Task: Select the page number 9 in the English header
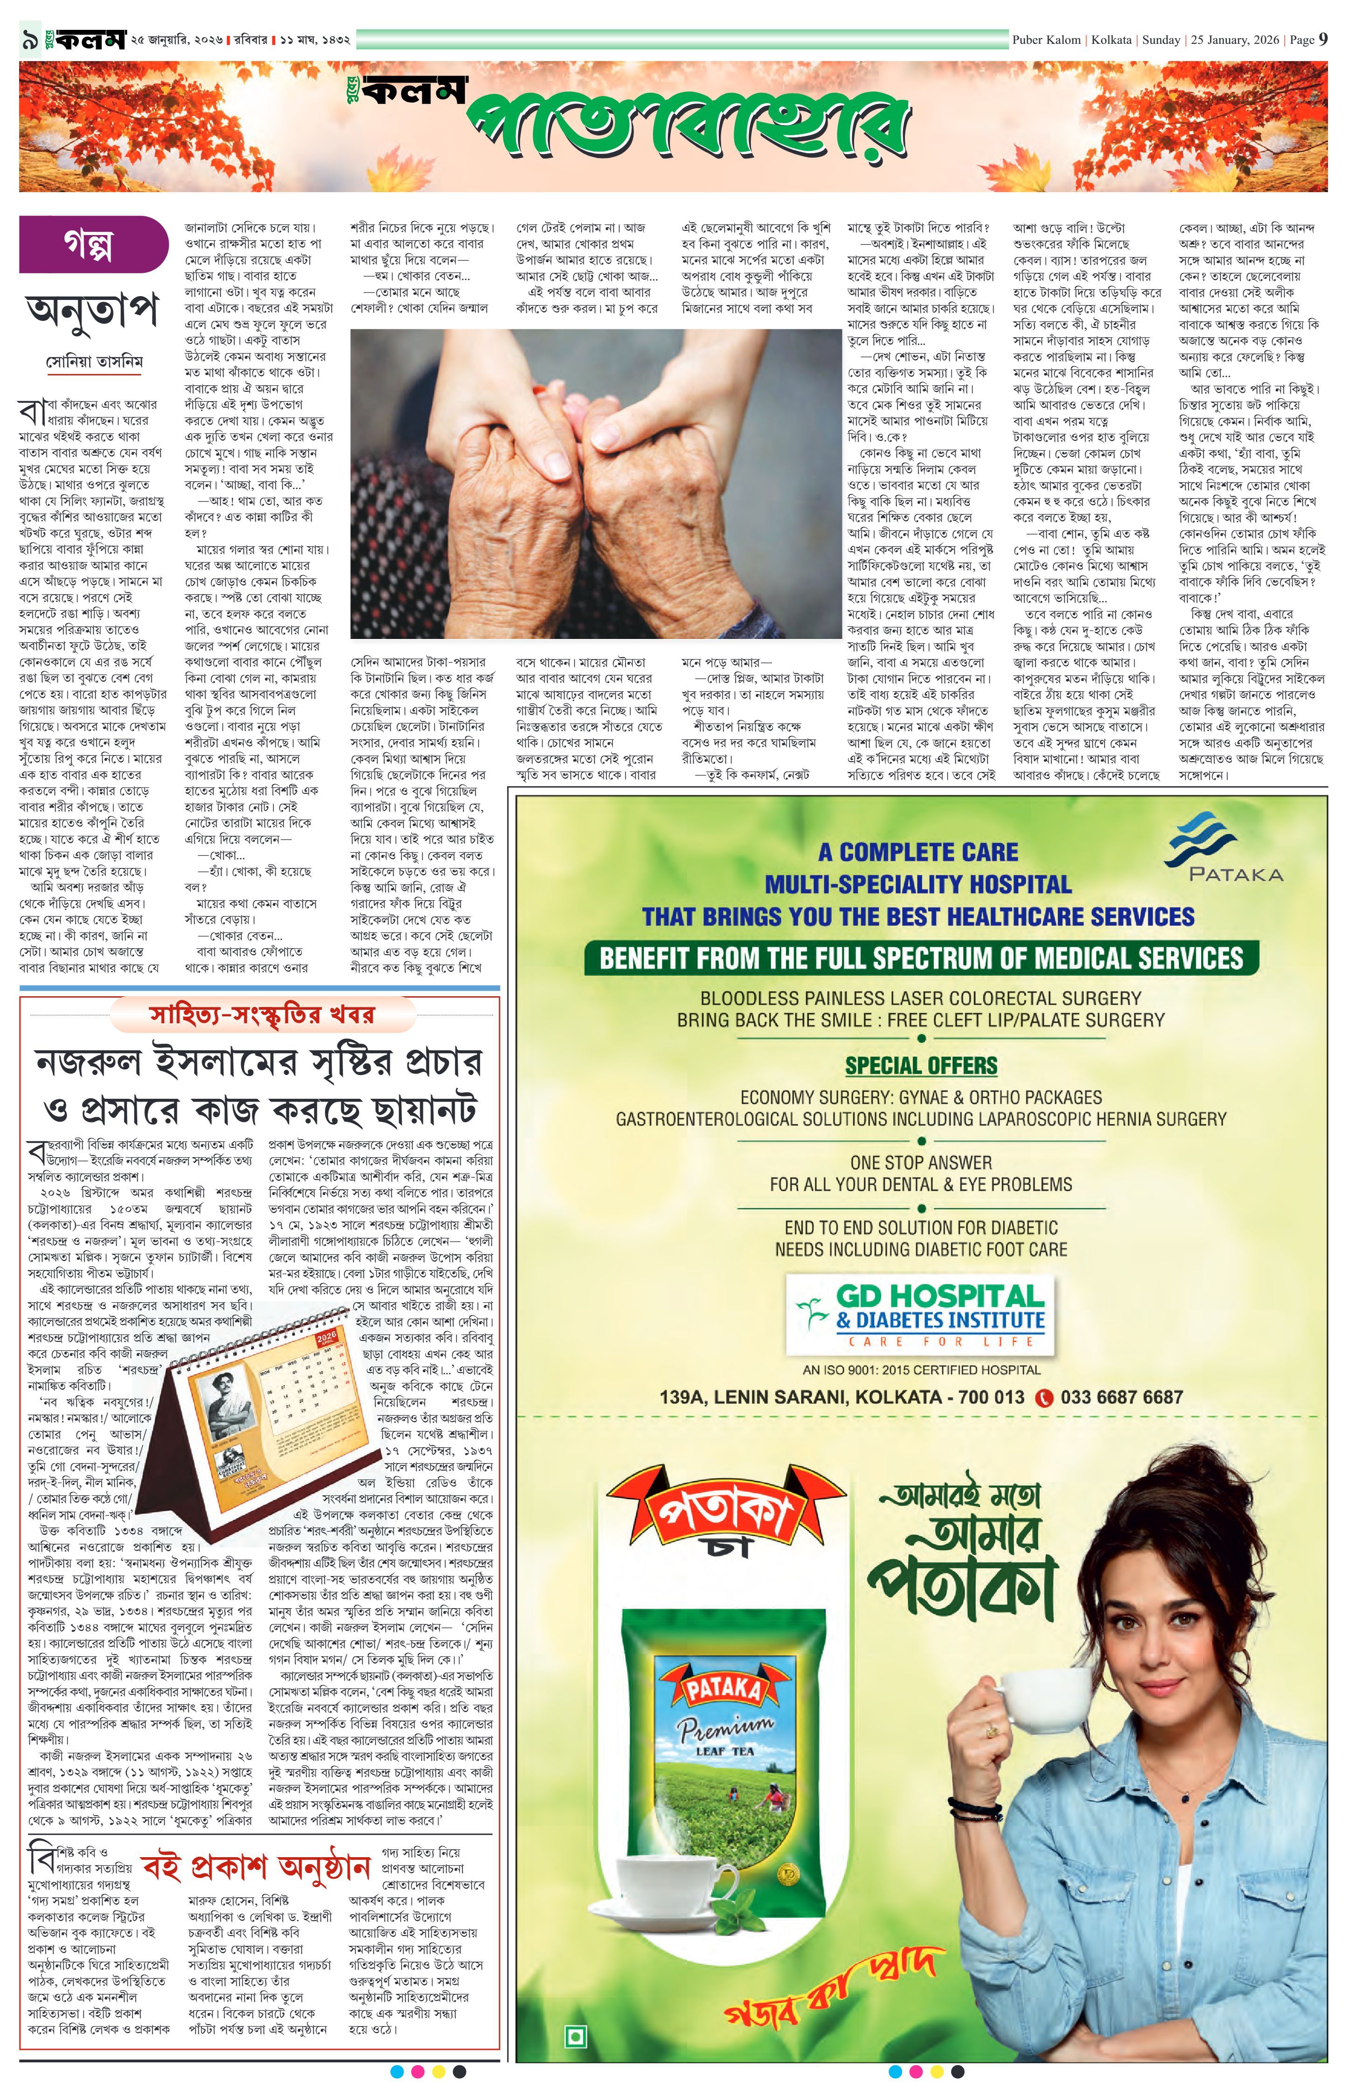click(1323, 39)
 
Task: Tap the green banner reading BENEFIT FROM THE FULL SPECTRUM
click(920, 958)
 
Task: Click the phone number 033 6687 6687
click(1120, 1397)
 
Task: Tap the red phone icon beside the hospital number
click(1043, 1398)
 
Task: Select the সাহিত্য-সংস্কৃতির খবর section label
click(263, 1015)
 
